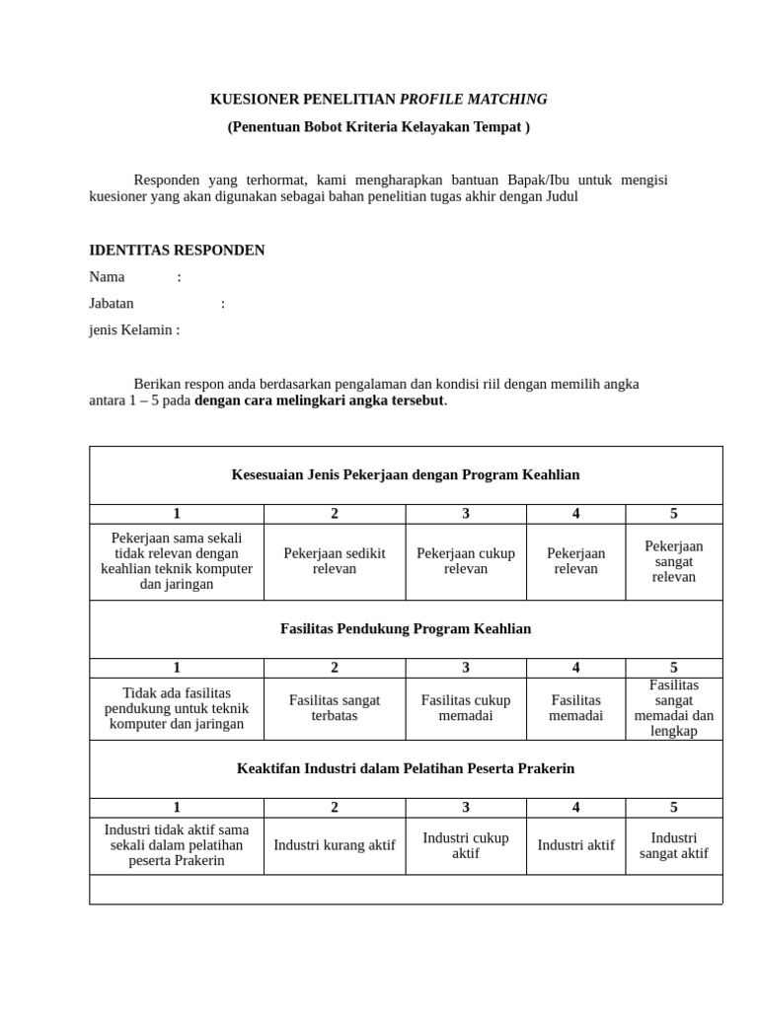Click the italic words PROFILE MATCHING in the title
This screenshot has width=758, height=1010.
tap(473, 100)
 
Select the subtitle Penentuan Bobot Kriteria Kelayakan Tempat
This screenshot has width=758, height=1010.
tap(378, 127)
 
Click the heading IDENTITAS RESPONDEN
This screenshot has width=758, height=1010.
tap(177, 251)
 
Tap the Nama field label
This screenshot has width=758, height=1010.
tap(108, 277)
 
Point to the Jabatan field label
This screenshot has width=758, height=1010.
tap(112, 304)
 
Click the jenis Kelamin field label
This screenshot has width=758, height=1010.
tap(134, 330)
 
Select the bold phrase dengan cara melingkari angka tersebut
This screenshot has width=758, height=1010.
tap(320, 400)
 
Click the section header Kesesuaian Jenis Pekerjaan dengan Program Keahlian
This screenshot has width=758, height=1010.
tap(406, 475)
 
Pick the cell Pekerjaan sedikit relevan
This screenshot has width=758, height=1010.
tap(335, 561)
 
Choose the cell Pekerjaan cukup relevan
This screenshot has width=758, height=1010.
tap(466, 561)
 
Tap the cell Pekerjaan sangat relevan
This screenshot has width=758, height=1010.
tap(674, 561)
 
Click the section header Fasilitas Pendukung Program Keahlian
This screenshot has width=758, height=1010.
tap(406, 629)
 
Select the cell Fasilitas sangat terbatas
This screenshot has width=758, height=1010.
tap(335, 708)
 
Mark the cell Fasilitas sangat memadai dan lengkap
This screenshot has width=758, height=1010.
tap(674, 708)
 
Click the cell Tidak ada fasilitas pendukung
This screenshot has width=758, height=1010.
tap(177, 708)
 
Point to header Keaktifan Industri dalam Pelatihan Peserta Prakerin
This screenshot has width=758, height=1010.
tap(406, 768)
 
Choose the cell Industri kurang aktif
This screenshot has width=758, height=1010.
tap(335, 845)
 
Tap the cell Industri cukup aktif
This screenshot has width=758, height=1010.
tap(466, 845)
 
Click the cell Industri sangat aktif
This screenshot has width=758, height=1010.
tap(674, 845)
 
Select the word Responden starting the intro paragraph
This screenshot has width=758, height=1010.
tap(167, 180)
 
